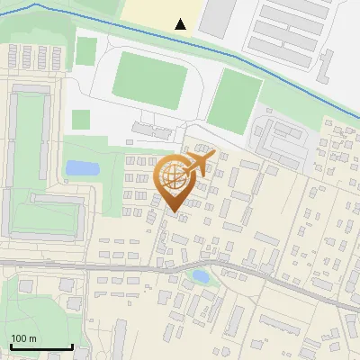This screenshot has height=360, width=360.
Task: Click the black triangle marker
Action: click(181, 24)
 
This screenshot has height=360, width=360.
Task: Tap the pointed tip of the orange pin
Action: click(175, 212)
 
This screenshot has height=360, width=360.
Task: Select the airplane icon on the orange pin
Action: click(201, 163)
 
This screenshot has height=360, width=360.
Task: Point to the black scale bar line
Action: click(40, 347)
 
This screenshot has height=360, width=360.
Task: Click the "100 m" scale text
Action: click(23, 338)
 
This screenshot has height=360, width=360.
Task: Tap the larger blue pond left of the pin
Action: click(83, 168)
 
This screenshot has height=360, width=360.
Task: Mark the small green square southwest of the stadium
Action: click(81, 119)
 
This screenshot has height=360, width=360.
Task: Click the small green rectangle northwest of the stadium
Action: click(85, 51)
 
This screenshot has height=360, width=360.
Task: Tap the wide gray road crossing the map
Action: click(90, 266)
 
